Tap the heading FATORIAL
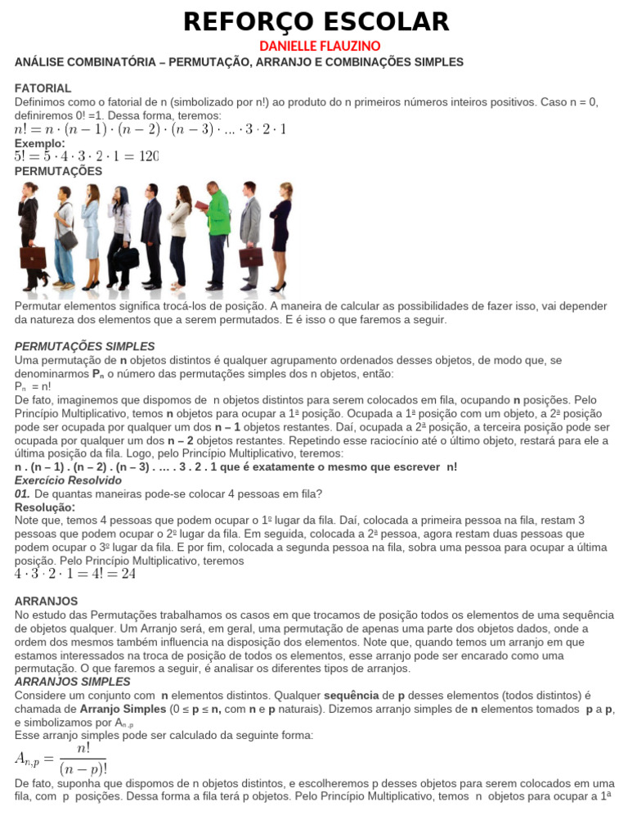pyautogui.click(x=43, y=88)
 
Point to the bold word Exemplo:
pyautogui.click(x=39, y=143)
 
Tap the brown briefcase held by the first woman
pyautogui.click(x=32, y=257)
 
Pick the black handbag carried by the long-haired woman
pyautogui.click(x=126, y=255)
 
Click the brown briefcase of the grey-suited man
pyautogui.click(x=251, y=256)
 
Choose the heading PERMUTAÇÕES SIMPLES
pyautogui.click(x=84, y=346)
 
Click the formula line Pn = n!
pyautogui.click(x=33, y=386)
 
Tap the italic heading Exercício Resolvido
pyautogui.click(x=68, y=480)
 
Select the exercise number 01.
pyautogui.click(x=23, y=493)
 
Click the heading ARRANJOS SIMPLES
pyautogui.click(x=73, y=682)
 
